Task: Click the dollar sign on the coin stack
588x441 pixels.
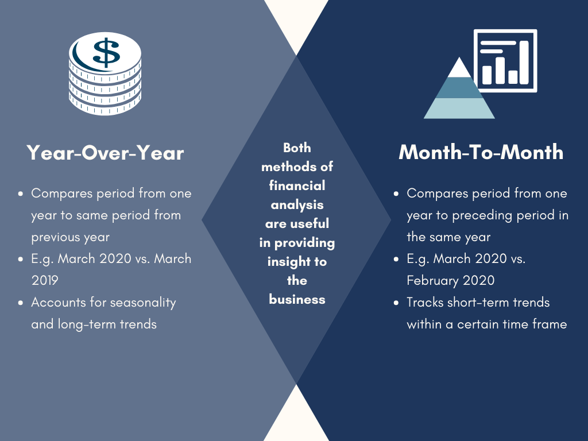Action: tap(106, 52)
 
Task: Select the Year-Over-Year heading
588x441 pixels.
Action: tap(106, 153)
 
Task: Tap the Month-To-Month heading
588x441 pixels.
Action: tap(481, 152)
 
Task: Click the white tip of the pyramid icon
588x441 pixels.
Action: tap(459, 68)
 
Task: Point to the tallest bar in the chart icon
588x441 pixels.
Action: tap(524, 63)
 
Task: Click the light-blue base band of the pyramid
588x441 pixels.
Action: tap(459, 109)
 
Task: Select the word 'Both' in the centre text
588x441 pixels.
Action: tap(297, 148)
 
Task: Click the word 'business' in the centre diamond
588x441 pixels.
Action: tap(297, 300)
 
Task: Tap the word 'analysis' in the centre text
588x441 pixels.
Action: tap(297, 205)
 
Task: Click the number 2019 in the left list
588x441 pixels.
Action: tap(45, 280)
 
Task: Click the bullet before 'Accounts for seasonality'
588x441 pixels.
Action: tap(21, 303)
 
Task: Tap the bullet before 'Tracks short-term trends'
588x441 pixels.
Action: tap(396, 303)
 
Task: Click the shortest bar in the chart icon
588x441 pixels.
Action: tap(513, 77)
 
